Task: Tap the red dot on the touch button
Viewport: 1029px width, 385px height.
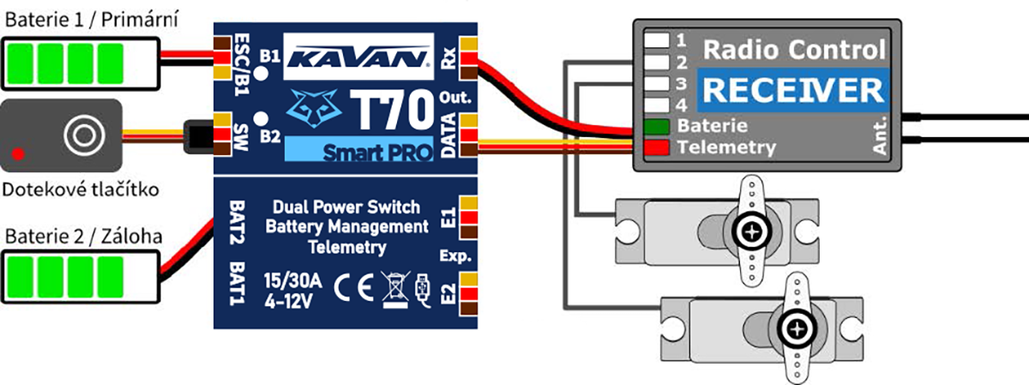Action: coord(17,154)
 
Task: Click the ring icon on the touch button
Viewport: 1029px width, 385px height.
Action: coord(82,134)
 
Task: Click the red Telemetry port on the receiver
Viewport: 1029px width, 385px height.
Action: coord(656,147)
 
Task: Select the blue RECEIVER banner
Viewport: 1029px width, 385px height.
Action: coord(788,89)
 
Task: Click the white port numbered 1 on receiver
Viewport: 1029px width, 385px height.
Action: coord(657,39)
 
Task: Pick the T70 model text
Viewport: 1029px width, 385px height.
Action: coord(392,111)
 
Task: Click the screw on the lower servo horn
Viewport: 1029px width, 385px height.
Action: coord(797,328)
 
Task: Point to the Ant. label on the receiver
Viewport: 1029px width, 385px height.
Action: coord(880,138)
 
